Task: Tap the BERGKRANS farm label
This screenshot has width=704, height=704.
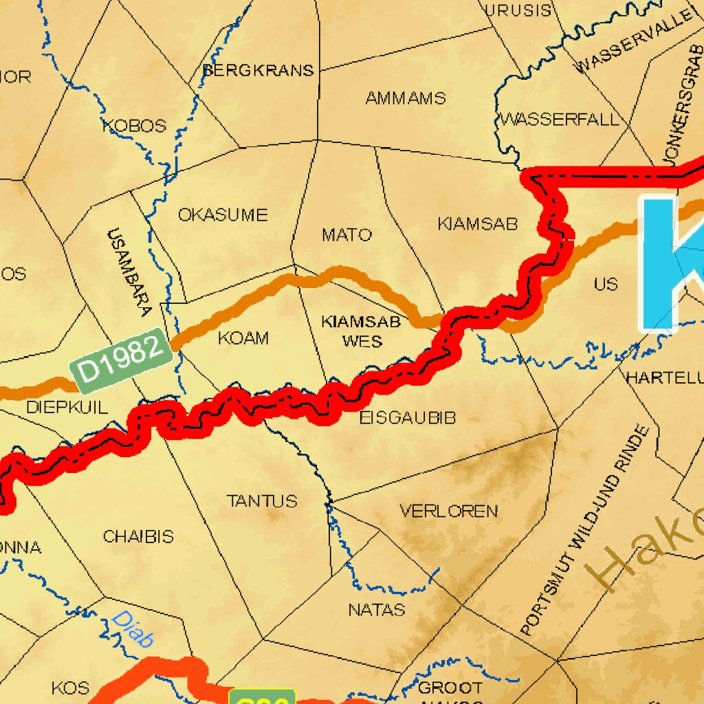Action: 258,70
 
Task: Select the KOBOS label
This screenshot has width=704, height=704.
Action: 135,126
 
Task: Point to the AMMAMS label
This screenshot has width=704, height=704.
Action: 406,98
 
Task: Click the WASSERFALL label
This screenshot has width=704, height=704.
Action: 560,120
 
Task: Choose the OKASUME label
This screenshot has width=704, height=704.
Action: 223,215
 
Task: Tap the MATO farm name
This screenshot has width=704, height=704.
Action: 346,235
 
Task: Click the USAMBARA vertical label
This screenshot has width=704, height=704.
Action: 129,272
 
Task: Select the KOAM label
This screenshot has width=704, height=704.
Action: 243,338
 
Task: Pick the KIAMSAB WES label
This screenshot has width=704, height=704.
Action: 362,331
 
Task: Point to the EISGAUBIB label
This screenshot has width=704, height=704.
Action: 408,417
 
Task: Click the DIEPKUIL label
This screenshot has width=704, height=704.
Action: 67,407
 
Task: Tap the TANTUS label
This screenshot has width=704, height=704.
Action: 262,500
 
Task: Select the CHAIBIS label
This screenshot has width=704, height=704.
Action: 138,536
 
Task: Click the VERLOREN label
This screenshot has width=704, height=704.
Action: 449,511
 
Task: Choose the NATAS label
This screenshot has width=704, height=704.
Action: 377,609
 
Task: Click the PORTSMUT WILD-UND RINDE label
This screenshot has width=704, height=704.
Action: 585,530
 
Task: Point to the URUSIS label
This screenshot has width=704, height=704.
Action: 518,10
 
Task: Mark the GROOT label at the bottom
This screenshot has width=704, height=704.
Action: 450,687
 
